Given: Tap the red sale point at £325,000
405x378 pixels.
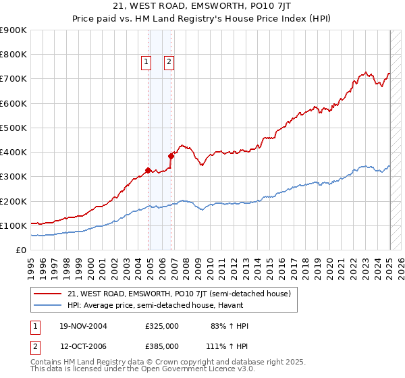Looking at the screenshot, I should tap(148, 170).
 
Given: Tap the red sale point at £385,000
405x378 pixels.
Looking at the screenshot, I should tap(171, 156).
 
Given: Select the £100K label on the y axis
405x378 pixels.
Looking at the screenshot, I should tap(13, 225).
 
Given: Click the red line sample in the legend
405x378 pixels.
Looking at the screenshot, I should tap(49, 294).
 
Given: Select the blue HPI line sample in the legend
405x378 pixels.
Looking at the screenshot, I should tap(49, 304).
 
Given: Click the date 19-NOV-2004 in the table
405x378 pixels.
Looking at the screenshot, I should tap(83, 327).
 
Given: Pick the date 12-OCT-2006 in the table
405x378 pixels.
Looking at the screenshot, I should tap(83, 346).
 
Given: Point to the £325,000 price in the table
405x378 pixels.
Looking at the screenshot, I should tap(161, 327).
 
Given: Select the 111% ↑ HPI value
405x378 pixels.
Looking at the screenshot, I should tap(227, 346).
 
